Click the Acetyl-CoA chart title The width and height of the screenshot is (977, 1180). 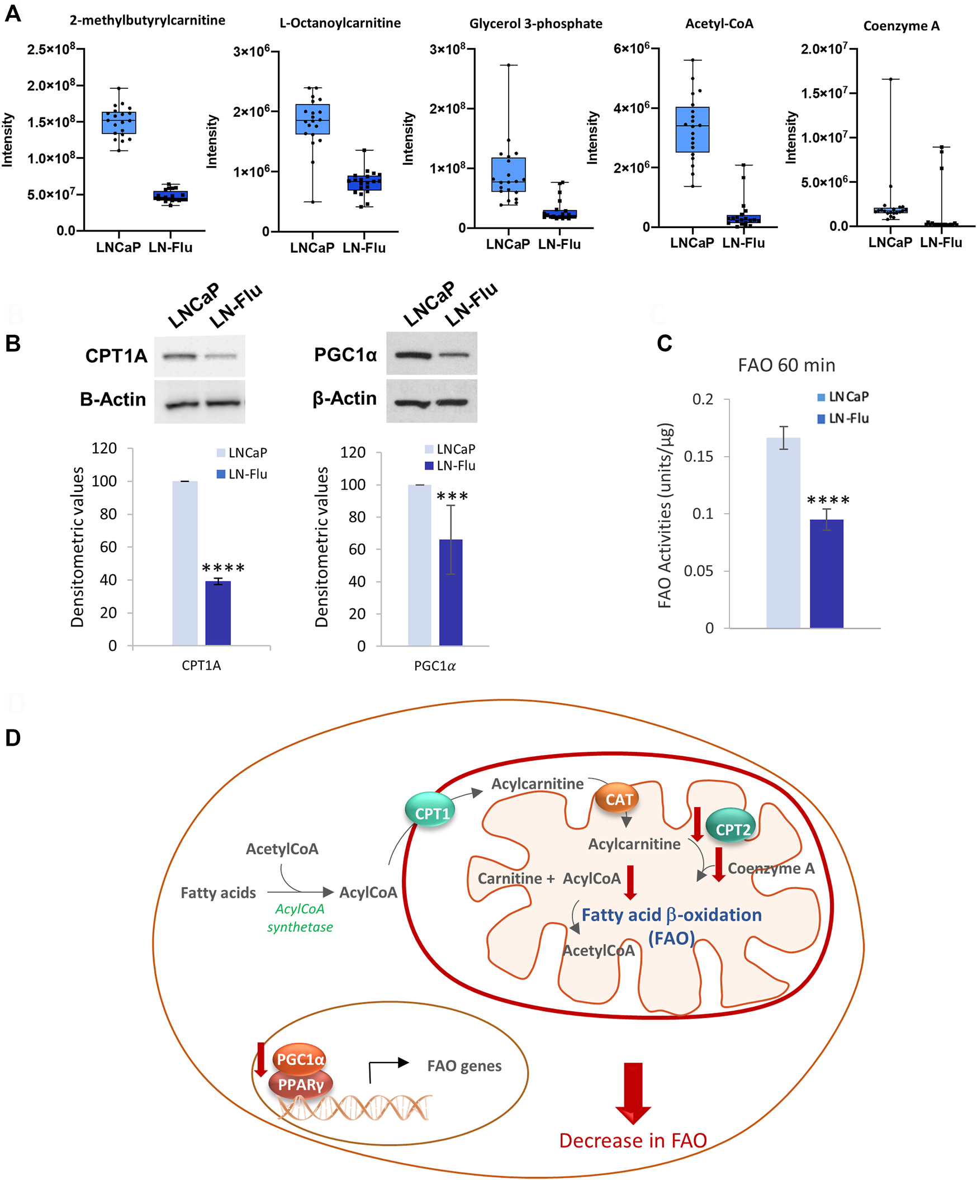(x=719, y=23)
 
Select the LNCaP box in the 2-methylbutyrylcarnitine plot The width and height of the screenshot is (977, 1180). (x=118, y=122)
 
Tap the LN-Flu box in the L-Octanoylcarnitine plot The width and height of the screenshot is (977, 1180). (x=364, y=183)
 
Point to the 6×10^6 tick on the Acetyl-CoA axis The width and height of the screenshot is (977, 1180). (x=632, y=49)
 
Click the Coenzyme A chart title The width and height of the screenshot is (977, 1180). (x=900, y=26)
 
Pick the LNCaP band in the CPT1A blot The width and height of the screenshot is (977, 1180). (x=179, y=356)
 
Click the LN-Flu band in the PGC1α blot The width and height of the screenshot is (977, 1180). (x=453, y=355)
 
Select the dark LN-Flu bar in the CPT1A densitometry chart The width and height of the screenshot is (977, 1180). (x=217, y=613)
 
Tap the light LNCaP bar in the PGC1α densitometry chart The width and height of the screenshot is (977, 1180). (x=419, y=565)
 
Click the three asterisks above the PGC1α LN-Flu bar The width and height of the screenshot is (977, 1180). (x=452, y=496)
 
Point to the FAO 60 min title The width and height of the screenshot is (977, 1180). (x=786, y=365)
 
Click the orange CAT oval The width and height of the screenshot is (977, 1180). (x=619, y=799)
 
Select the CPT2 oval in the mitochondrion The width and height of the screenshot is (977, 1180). (x=732, y=830)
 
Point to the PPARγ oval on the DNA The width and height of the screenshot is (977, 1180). (x=301, y=1084)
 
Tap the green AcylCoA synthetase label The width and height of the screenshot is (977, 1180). (x=300, y=918)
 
